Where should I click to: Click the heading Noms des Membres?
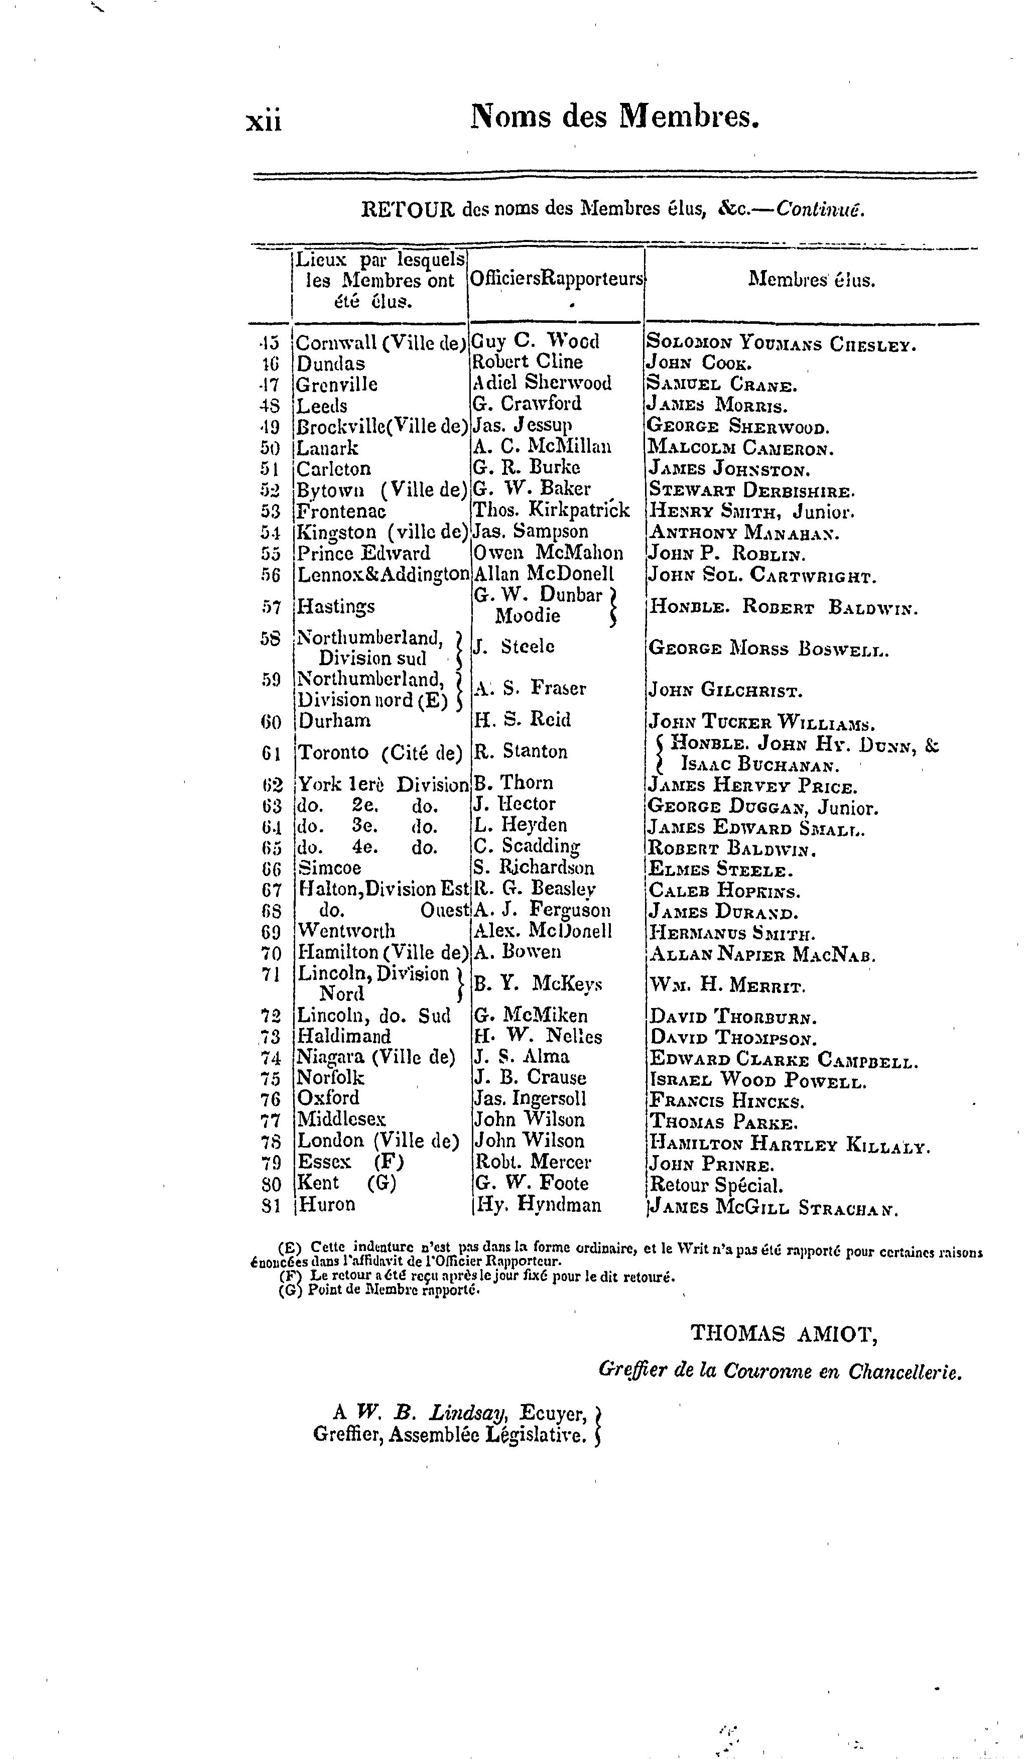coord(614,116)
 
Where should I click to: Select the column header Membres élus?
coord(811,280)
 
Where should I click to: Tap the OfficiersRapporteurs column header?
coord(556,279)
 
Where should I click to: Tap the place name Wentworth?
coord(346,931)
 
